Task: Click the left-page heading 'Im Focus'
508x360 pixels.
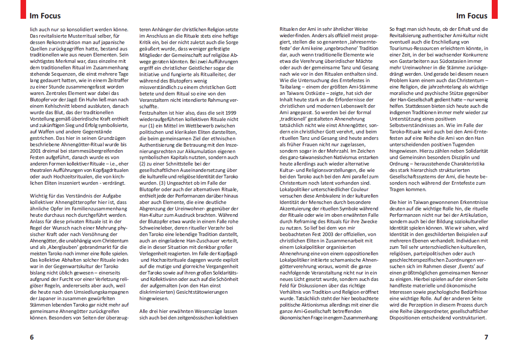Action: (x=45, y=16)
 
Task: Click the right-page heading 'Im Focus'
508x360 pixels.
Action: (x=472, y=16)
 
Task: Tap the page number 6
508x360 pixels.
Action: (x=32, y=337)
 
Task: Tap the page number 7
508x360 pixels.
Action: (x=486, y=337)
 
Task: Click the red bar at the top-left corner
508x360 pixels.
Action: (x=24, y=9)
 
